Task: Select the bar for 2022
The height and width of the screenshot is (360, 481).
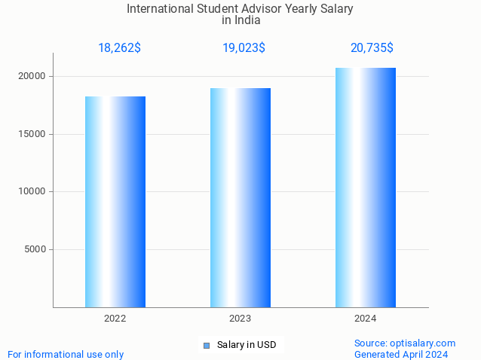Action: coord(115,202)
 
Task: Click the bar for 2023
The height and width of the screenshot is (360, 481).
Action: coord(240,197)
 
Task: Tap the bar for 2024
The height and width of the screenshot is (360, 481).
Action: coord(366,188)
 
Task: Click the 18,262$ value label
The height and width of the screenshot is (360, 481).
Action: coord(119,48)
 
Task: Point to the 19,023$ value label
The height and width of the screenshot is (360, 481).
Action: coord(244,48)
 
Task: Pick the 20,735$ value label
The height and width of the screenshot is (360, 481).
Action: coord(372,48)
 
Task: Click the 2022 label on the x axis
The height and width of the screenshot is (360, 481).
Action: coord(115,319)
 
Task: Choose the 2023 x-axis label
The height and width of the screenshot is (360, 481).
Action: coord(240,319)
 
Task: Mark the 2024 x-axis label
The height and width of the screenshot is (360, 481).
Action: coord(366,319)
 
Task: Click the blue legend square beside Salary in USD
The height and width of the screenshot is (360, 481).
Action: coord(206,346)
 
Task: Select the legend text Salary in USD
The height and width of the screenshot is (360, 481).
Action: coord(247,346)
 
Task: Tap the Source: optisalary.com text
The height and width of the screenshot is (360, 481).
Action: coord(405,343)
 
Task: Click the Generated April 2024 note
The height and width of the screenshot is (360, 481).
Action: coord(401,354)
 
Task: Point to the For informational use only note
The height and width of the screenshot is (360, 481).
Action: coord(66,354)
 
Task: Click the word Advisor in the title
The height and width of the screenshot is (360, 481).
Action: coord(256,9)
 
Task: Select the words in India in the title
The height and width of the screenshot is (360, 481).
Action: coord(240,20)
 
